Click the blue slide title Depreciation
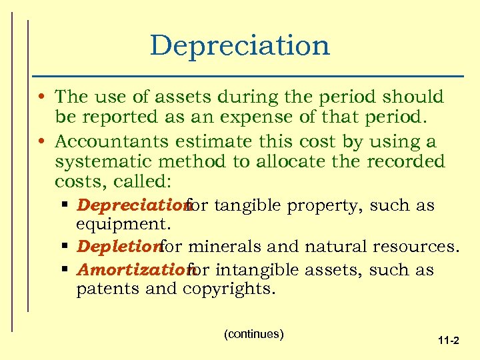coord(240,45)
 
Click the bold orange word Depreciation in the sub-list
coord(131,205)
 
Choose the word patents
coord(102,289)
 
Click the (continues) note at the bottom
coord(254,333)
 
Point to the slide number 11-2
coord(448,341)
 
